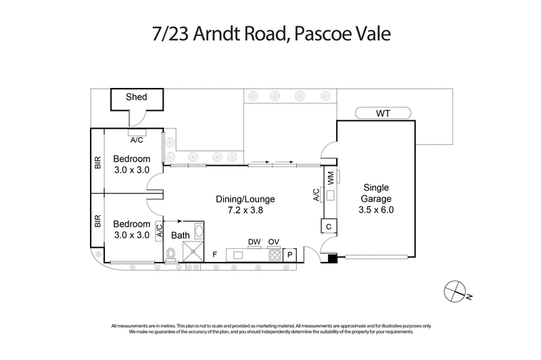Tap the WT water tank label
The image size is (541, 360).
click(x=383, y=112)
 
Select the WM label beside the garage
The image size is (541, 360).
click(x=330, y=178)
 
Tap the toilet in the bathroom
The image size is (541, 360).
click(x=171, y=254)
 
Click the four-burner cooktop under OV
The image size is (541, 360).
click(x=274, y=254)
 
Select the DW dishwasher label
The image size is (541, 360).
click(x=254, y=242)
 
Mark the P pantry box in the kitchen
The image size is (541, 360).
click(x=291, y=254)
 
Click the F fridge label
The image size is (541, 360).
click(x=214, y=254)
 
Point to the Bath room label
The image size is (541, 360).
click(x=180, y=235)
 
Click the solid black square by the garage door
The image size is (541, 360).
click(x=331, y=257)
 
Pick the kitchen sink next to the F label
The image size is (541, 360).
click(x=238, y=254)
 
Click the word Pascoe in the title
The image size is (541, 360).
click(x=318, y=34)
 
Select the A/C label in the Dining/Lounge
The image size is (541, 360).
click(x=316, y=196)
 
